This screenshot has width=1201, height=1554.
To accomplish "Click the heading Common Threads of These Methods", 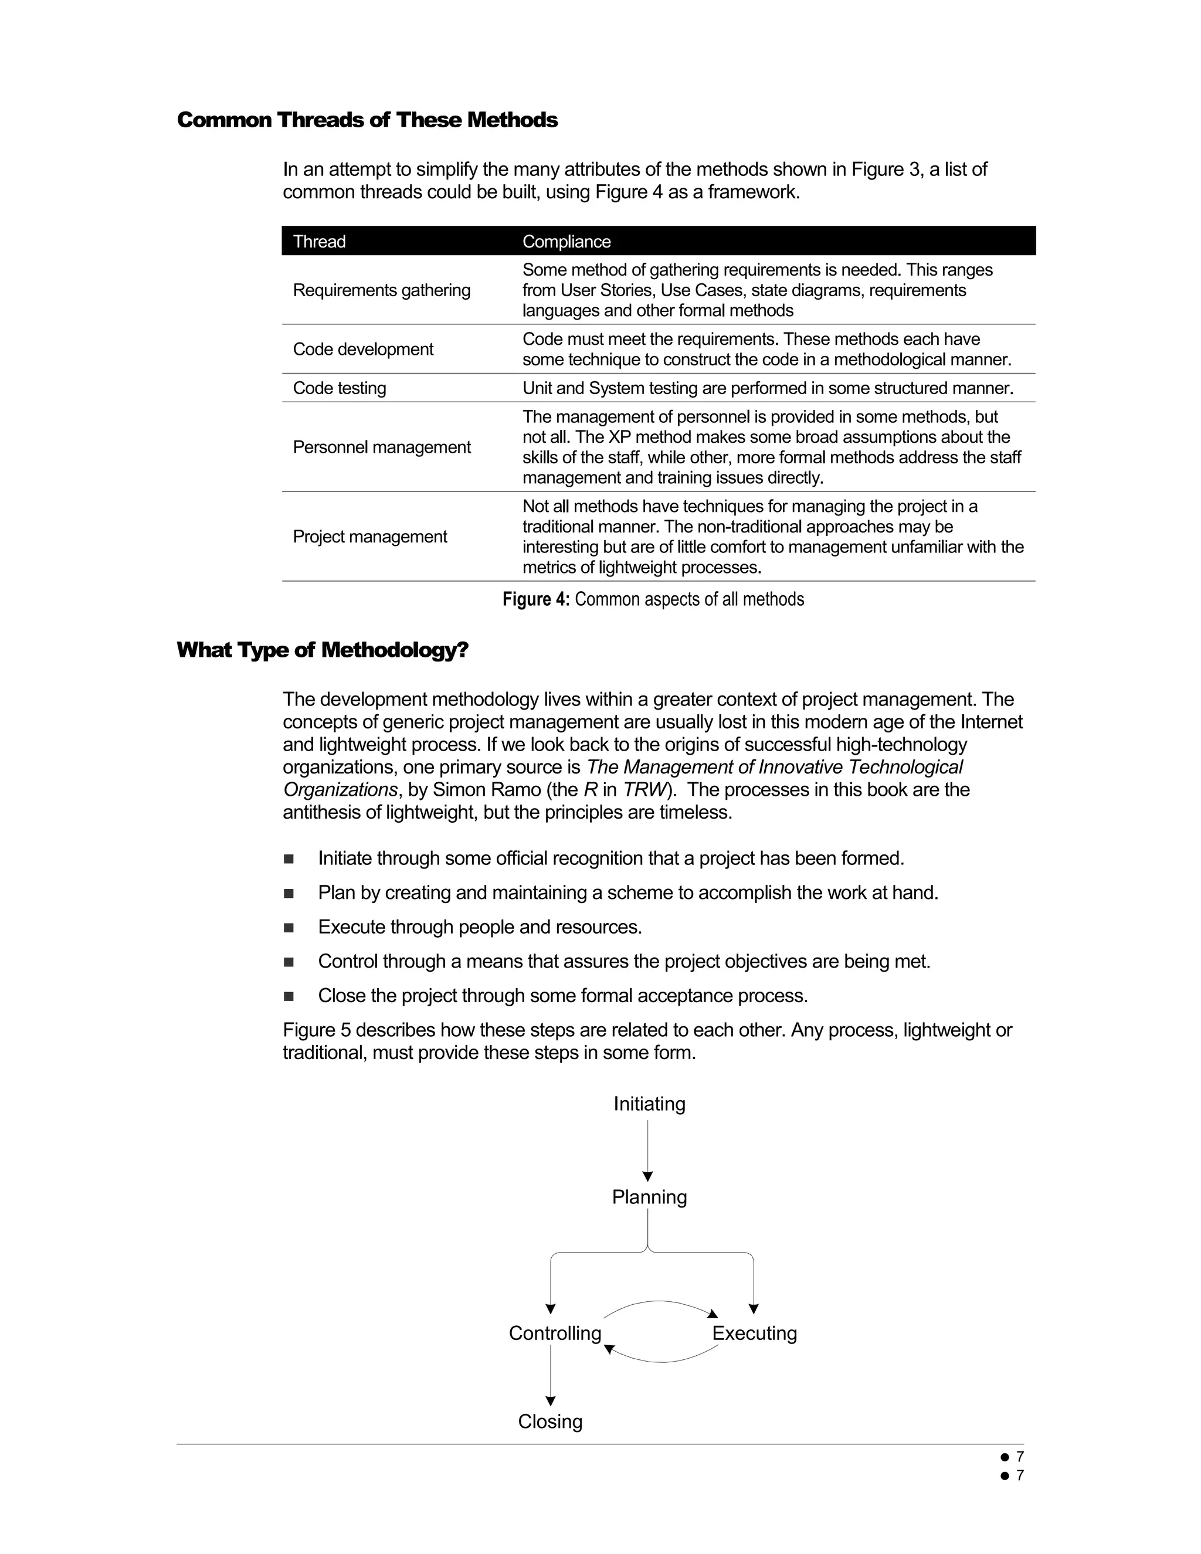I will (x=367, y=120).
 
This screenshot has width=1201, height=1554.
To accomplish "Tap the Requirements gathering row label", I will (x=381, y=290).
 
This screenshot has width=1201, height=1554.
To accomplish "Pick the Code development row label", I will (x=363, y=350).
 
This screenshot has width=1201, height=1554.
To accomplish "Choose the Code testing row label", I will (x=340, y=388).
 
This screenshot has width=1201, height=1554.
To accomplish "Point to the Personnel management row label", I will (x=381, y=447).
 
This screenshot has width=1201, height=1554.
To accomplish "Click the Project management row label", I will (x=369, y=537).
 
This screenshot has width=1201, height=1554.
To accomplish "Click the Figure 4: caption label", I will (x=536, y=599).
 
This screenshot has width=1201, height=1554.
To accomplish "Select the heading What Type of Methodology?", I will (x=323, y=650).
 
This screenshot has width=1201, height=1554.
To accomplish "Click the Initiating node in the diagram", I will (x=649, y=1104).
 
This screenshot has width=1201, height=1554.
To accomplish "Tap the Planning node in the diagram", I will (x=649, y=1197).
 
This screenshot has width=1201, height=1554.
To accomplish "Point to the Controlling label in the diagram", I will (x=555, y=1333).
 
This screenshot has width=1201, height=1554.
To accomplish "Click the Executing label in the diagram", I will (x=754, y=1333).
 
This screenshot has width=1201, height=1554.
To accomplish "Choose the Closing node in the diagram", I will (x=550, y=1421).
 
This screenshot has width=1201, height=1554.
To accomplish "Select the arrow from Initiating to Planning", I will (x=647, y=1150).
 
